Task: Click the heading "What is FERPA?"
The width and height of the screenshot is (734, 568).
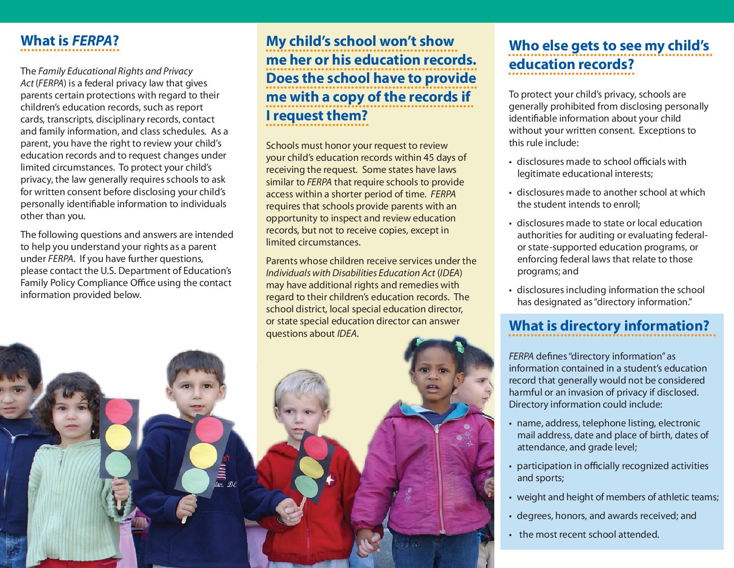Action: (x=70, y=41)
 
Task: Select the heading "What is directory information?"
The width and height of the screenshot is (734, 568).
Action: (x=609, y=326)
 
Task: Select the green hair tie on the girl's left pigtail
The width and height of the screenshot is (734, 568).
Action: (x=418, y=342)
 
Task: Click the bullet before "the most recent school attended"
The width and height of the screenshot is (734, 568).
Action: (x=512, y=535)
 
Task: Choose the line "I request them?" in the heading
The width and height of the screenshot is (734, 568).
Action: (x=317, y=116)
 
